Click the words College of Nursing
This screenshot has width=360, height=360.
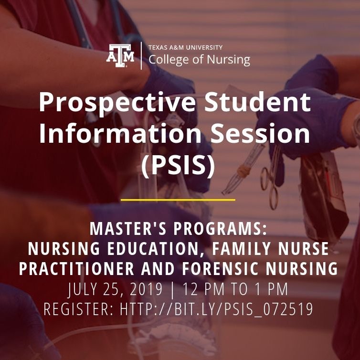199,60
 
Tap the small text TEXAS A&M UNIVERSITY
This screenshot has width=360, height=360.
185,48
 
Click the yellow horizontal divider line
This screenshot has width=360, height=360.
178,200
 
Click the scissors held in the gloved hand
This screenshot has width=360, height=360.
270,179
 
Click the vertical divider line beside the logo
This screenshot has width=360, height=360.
141,55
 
